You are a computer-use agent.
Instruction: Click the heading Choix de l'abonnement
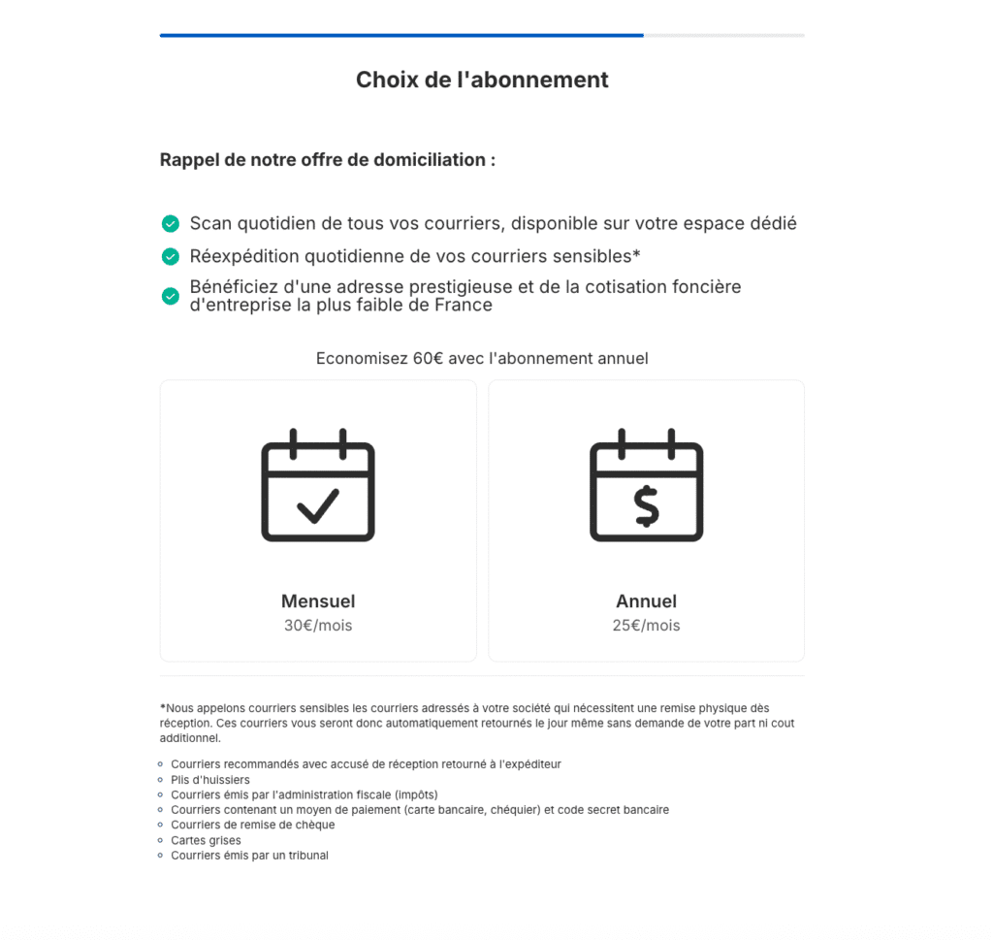(x=482, y=80)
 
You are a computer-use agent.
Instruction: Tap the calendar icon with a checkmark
(x=318, y=485)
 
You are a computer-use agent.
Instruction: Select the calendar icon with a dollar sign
(x=646, y=485)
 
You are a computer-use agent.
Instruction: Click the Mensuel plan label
(x=318, y=601)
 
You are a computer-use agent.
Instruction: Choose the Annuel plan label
(x=646, y=601)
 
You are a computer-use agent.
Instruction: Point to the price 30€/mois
(x=318, y=626)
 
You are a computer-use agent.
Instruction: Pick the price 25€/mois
(x=646, y=626)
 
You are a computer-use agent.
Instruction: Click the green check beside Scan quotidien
(x=171, y=224)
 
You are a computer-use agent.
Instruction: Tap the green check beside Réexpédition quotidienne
(x=171, y=256)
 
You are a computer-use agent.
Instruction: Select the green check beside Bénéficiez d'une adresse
(x=171, y=296)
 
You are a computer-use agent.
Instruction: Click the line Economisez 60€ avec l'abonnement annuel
(x=482, y=359)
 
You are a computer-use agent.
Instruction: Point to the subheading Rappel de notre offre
(x=328, y=160)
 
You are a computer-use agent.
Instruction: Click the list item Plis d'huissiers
(x=210, y=780)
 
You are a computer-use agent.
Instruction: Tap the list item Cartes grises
(x=206, y=840)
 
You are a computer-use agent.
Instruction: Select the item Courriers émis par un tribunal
(x=249, y=856)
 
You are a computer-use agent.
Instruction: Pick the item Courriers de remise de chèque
(x=252, y=825)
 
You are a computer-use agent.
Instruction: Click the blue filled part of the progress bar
(x=401, y=36)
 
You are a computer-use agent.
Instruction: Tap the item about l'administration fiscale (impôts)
(x=304, y=794)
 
